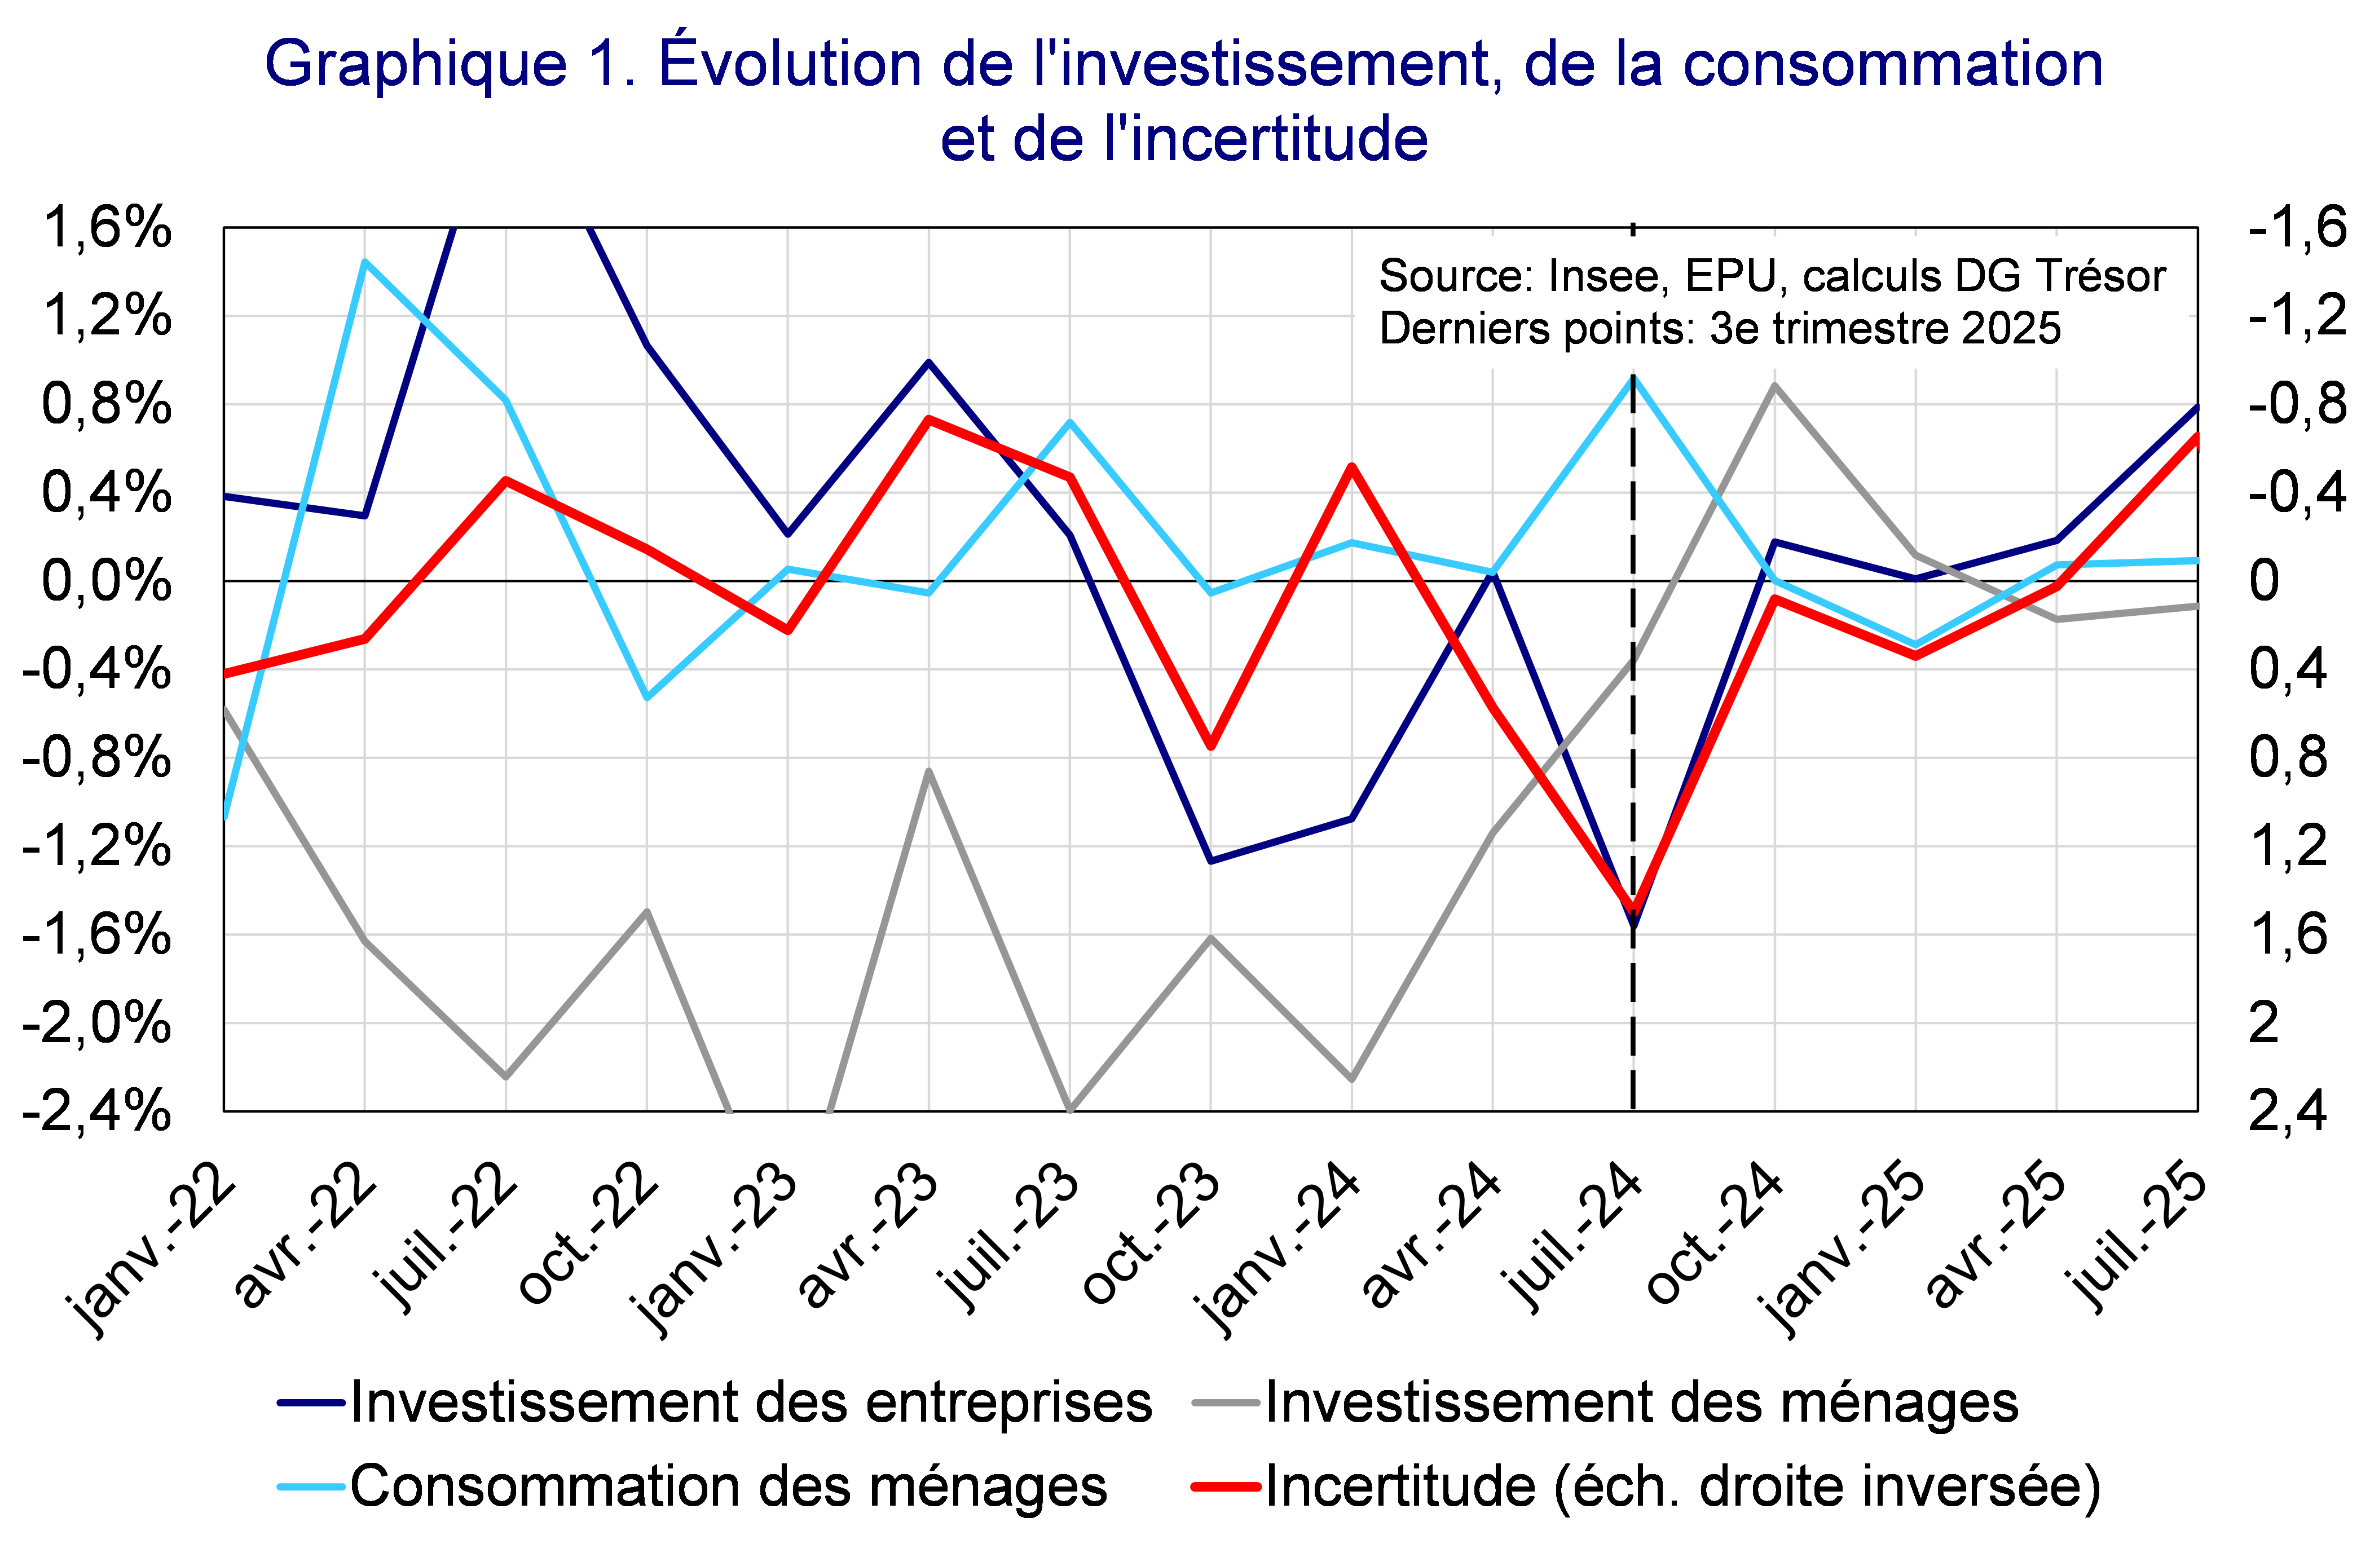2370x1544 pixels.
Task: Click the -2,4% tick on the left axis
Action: point(96,1111)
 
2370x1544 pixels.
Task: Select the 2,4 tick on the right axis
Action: point(2287,1111)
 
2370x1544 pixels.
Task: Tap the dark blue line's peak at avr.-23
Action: point(929,363)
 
